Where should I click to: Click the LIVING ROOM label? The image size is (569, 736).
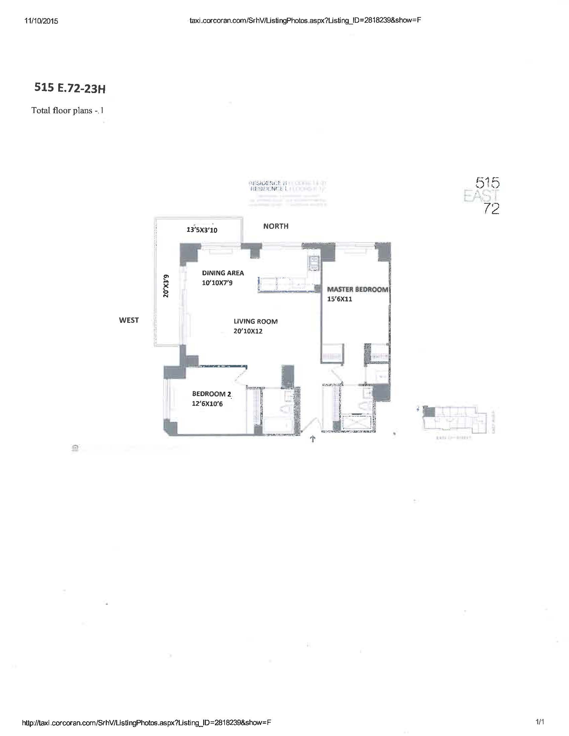(x=255, y=321)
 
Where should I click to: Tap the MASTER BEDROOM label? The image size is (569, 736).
(x=357, y=289)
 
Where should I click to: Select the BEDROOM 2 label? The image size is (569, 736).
(x=212, y=394)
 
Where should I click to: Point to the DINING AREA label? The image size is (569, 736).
(x=223, y=273)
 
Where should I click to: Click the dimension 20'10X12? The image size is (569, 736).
(x=248, y=331)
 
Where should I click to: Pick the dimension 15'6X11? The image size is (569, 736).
(x=339, y=299)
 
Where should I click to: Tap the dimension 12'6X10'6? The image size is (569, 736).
(x=207, y=403)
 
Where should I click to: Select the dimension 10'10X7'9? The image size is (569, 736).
(x=217, y=283)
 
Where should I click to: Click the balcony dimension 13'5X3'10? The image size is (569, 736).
(x=202, y=230)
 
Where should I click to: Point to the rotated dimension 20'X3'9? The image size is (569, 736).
(x=165, y=286)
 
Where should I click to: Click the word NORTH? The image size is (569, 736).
(x=276, y=226)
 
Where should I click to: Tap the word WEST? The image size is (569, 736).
(x=129, y=320)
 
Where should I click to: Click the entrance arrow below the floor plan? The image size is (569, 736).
(x=313, y=439)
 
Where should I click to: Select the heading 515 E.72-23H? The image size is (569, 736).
(x=70, y=88)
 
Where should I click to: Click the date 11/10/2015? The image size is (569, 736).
(x=41, y=21)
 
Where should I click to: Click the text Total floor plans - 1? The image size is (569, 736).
(x=67, y=110)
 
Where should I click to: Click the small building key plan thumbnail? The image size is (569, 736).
(x=457, y=420)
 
